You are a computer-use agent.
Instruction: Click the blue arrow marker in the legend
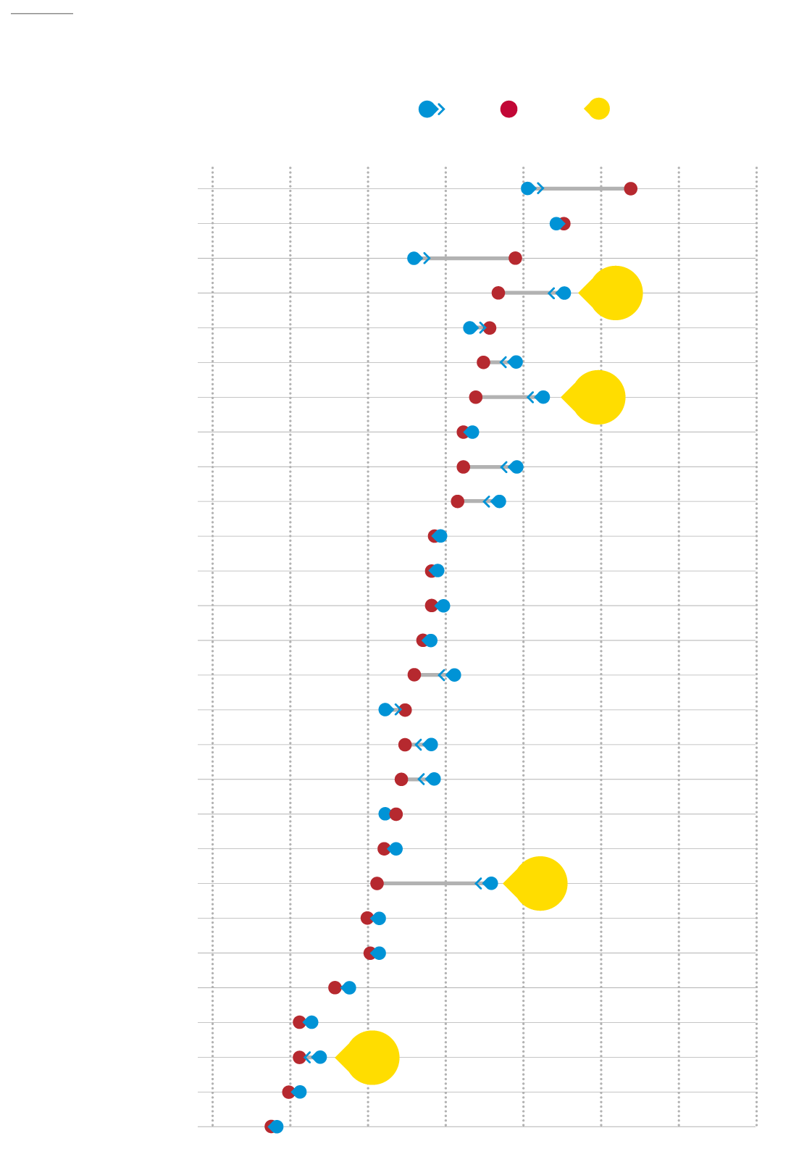pos(428,109)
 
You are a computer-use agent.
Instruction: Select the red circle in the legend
pos(508,109)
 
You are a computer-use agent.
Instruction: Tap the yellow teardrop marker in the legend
pos(598,109)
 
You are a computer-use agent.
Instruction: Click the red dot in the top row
pos(630,188)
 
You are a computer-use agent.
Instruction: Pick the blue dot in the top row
pos(528,188)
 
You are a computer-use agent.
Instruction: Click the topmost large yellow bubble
pos(615,293)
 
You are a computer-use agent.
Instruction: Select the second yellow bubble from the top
pos(598,397)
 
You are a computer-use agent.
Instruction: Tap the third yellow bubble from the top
pos(540,883)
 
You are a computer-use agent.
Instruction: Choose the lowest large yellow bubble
pos(372,1057)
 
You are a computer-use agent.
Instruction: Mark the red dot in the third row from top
pos(515,258)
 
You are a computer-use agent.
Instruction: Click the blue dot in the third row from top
pos(414,258)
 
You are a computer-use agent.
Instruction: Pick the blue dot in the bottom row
pos(277,1127)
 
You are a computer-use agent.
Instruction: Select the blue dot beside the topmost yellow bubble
pos(564,293)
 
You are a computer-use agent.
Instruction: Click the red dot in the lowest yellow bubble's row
pos(299,1057)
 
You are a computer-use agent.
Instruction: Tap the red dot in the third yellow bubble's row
pos(377,883)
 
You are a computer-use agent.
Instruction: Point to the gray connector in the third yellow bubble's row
pos(427,883)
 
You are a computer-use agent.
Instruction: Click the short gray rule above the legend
pos(42,13)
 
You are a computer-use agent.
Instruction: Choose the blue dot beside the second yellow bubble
pos(543,397)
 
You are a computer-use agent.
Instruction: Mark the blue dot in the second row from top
pos(556,223)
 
